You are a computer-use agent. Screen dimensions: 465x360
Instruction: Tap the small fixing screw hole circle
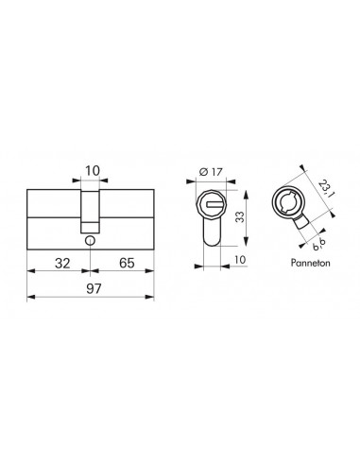pos(89,241)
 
